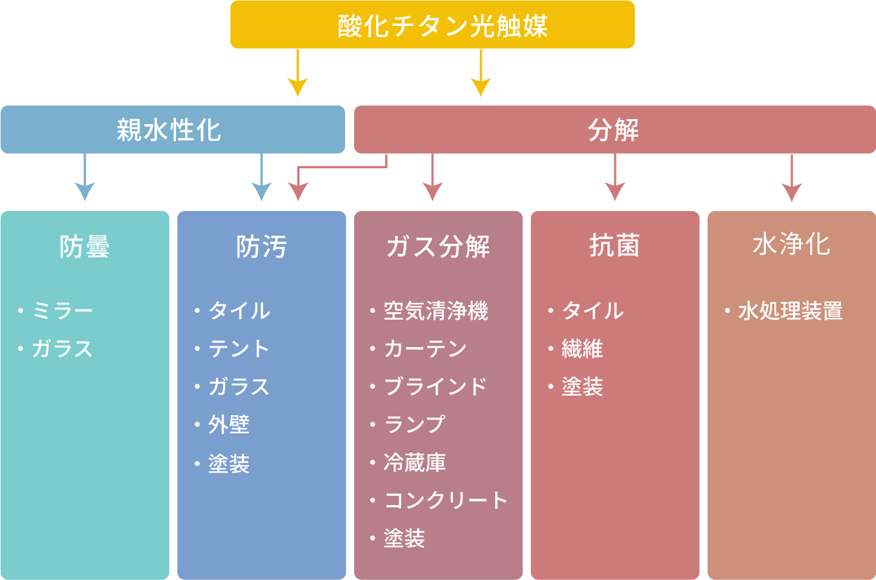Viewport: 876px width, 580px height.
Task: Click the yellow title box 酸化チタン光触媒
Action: [432, 25]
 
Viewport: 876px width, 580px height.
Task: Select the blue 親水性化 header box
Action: [173, 130]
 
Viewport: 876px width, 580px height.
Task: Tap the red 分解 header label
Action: [614, 130]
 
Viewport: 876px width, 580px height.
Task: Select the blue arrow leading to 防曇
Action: [85, 180]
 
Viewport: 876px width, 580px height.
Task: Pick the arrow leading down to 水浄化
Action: [792, 180]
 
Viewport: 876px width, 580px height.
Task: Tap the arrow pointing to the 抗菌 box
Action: [615, 180]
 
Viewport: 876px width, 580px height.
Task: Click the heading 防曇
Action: [85, 246]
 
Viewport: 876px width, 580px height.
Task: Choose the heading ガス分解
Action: [438, 246]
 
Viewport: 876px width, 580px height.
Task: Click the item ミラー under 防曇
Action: [62, 311]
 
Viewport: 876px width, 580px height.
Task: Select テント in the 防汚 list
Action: [239, 349]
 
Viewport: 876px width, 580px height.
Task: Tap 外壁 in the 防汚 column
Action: [229, 424]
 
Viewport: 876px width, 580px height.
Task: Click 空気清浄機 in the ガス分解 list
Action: [436, 311]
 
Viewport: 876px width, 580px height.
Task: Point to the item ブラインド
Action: [436, 386]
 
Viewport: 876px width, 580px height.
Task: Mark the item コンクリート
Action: [445, 500]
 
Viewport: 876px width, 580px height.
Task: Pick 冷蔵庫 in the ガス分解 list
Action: [415, 462]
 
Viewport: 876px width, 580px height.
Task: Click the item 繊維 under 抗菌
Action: [583, 349]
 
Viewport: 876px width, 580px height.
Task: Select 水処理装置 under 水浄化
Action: [790, 311]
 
